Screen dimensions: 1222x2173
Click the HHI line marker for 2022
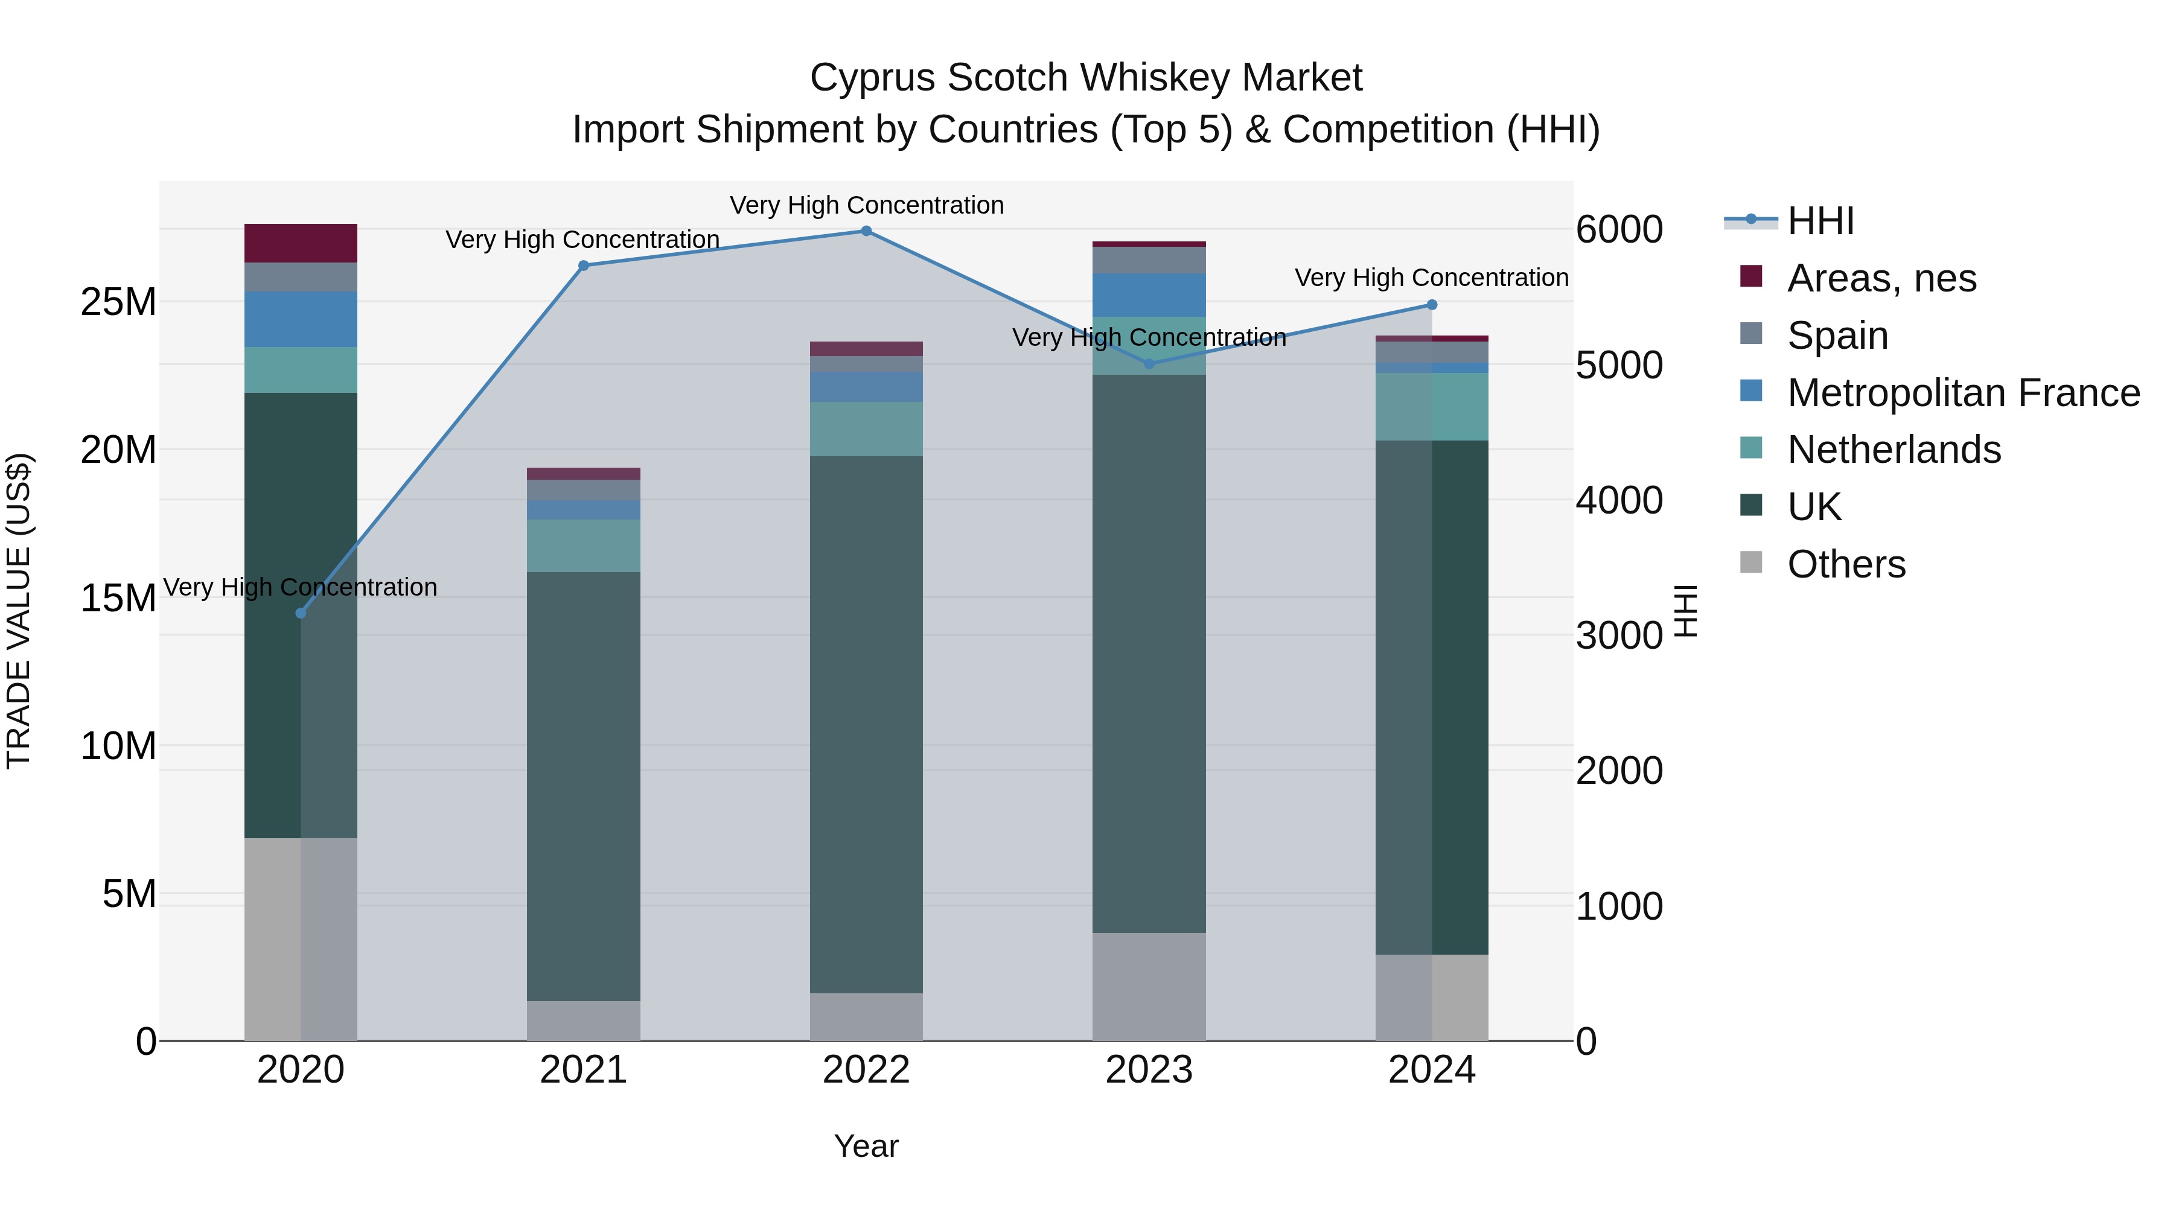[x=866, y=231]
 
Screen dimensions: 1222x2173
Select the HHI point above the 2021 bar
[x=584, y=266]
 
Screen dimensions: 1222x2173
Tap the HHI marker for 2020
[x=301, y=613]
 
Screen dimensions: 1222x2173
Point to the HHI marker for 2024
[x=1432, y=305]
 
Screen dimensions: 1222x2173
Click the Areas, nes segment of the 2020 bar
[x=301, y=244]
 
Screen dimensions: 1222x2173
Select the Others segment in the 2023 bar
[x=1149, y=987]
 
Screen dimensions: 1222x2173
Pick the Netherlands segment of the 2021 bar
[x=584, y=546]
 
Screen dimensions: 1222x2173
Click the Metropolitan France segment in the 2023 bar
[x=1149, y=295]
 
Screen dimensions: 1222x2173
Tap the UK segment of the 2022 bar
[x=866, y=725]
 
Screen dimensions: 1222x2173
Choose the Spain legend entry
[x=1837, y=336]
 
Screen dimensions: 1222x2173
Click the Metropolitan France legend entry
[x=1963, y=393]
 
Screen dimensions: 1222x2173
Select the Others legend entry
[x=1846, y=564]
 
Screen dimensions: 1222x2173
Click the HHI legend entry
[x=1820, y=221]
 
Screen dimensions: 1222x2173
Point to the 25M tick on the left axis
[x=119, y=302]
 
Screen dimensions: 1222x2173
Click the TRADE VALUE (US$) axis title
[x=19, y=611]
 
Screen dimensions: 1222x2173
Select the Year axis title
[x=866, y=1147]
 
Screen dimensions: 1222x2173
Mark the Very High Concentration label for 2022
[x=866, y=205]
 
